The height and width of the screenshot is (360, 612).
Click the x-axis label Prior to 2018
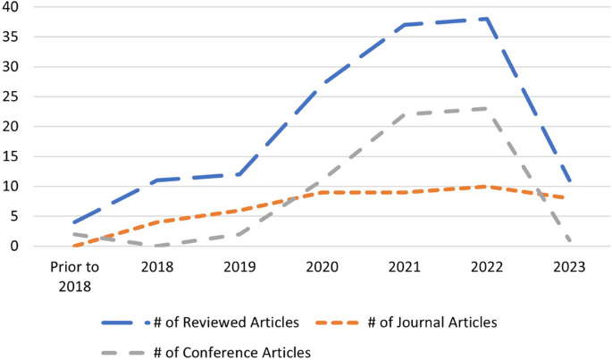(x=74, y=275)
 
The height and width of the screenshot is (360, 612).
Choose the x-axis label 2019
(x=239, y=267)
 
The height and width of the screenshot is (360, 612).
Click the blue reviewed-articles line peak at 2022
(x=486, y=19)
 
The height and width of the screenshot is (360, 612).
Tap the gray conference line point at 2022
(x=486, y=108)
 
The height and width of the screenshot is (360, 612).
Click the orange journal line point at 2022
(x=486, y=186)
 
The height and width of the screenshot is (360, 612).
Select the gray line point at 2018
(x=157, y=246)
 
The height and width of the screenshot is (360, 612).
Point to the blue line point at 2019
(x=239, y=174)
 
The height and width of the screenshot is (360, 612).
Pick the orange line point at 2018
(x=157, y=222)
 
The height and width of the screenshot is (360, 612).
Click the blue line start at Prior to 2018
(x=74, y=222)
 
